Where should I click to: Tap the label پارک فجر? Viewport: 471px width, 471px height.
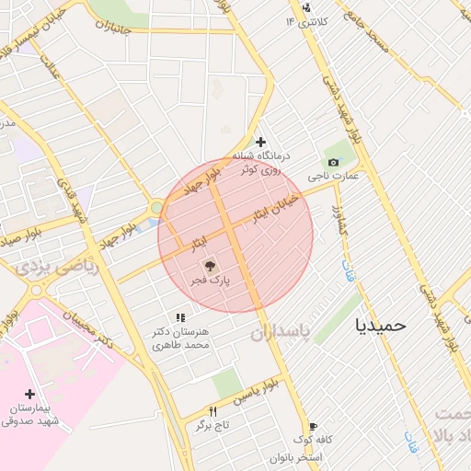tap(214, 278)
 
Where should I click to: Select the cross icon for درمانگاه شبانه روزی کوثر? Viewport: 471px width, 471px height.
tap(261, 143)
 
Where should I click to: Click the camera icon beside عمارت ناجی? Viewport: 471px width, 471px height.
tap(332, 162)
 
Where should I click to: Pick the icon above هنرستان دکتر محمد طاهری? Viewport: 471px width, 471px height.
tap(180, 317)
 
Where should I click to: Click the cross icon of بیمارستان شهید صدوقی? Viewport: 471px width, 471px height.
tap(30, 394)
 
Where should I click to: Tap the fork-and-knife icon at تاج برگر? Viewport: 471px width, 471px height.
tap(214, 411)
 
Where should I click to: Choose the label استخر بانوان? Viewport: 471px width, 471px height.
tap(297, 457)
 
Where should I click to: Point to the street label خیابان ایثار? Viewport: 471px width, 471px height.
tap(276, 206)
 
